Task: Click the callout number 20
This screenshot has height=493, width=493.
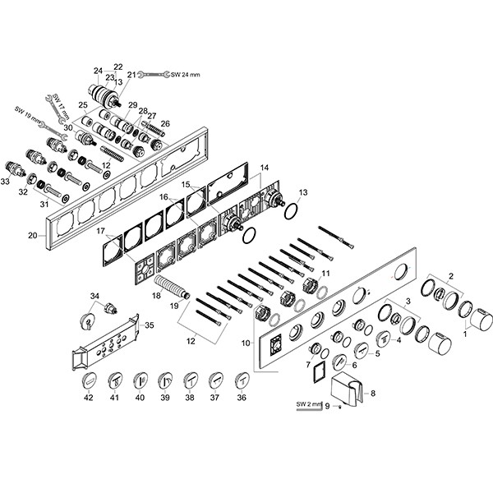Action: point(33,235)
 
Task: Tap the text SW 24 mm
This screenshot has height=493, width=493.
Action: point(185,75)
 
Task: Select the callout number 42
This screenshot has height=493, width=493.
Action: point(89,398)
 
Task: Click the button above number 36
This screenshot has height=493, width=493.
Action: point(242,381)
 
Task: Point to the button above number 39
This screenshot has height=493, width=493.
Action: point(165,381)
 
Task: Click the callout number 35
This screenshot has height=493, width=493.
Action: point(150,325)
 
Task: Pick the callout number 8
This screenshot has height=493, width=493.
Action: point(373,394)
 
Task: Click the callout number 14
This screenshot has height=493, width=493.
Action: point(265,168)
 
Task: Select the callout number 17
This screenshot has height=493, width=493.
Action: point(100,231)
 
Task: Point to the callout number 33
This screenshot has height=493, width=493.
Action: point(5,182)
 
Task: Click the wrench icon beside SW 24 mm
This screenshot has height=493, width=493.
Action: point(154,75)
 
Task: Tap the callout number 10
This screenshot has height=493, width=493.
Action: point(246,343)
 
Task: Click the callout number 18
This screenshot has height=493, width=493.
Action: point(156,296)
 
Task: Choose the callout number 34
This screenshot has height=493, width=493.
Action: point(94,296)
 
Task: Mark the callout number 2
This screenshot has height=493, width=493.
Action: point(451,276)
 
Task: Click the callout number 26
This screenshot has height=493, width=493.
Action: point(165,123)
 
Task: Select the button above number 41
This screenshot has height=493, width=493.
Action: point(114,381)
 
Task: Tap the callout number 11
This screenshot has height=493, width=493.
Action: point(325,274)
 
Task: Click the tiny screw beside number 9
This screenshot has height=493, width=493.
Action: point(339,408)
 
